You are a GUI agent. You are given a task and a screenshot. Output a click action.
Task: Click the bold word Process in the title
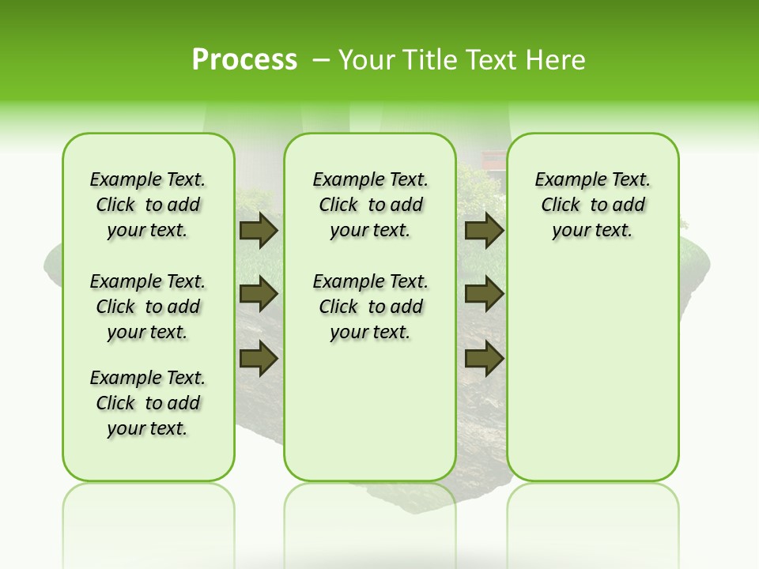click(x=244, y=60)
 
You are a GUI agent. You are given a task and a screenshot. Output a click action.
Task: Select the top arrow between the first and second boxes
click(x=259, y=230)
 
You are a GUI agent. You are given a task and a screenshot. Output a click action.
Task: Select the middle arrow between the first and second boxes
click(x=259, y=294)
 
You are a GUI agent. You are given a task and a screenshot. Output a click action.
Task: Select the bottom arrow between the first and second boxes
click(x=259, y=359)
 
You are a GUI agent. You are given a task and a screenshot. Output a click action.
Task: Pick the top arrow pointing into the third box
click(x=485, y=230)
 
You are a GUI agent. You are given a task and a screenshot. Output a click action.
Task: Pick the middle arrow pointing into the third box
click(x=485, y=294)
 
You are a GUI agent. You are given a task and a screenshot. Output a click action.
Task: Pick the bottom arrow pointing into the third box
click(x=485, y=359)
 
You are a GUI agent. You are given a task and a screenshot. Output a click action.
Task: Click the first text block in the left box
click(x=148, y=205)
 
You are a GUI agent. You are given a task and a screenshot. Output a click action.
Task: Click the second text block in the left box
click(x=148, y=307)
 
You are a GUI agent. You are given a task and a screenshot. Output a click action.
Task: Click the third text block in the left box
click(x=148, y=403)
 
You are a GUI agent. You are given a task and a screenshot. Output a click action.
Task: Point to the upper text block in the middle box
click(x=370, y=205)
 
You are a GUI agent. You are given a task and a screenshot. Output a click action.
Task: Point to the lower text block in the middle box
click(x=370, y=307)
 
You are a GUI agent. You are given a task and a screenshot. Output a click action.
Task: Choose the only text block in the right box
click(x=592, y=205)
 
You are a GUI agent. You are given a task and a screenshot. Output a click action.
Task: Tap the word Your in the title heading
click(x=367, y=60)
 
